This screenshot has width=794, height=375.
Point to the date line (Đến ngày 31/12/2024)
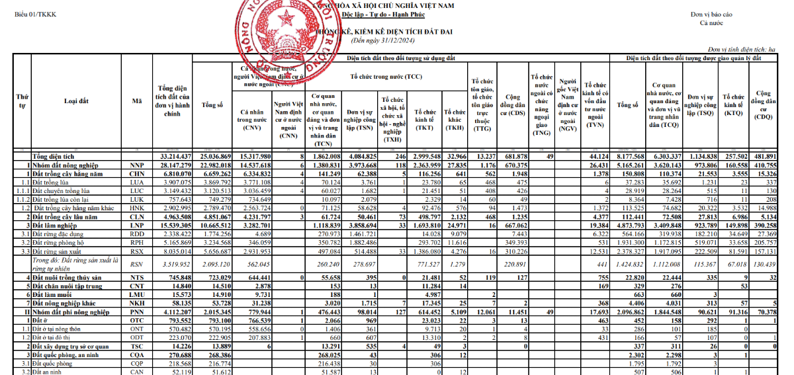388,40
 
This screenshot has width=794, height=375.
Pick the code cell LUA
137,181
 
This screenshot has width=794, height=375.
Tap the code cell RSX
137,251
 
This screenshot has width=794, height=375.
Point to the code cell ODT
137,337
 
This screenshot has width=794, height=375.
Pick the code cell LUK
137,198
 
